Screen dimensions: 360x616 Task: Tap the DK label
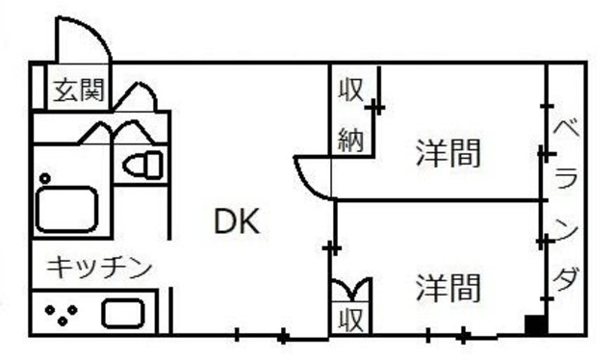[236, 222]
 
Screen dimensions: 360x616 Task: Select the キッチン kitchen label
[100, 266]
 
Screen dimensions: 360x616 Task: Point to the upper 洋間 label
[448, 152]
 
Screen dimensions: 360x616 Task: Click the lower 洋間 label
[448, 286]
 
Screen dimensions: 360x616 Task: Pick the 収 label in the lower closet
[349, 319]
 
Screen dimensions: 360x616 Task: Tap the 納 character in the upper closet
[349, 141]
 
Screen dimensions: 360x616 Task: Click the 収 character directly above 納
[349, 91]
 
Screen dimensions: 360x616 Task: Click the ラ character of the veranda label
[568, 180]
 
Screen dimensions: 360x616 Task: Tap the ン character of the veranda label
[568, 229]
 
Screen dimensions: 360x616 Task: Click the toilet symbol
[144, 164]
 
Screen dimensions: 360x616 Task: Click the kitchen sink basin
[123, 314]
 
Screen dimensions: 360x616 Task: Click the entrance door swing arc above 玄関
[82, 39]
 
